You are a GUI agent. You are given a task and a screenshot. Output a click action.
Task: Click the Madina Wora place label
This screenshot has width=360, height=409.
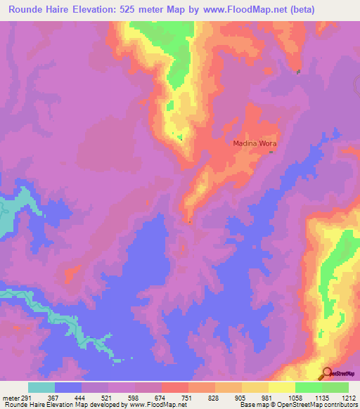coord(255,143)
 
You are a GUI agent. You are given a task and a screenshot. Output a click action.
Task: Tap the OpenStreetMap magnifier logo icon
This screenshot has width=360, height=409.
coord(327,373)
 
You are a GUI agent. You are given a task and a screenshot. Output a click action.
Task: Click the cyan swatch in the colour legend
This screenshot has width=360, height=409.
coord(41,387)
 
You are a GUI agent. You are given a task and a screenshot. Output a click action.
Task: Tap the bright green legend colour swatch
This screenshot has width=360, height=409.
coord(309,387)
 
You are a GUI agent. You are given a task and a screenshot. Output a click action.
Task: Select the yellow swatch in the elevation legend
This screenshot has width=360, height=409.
coord(282,387)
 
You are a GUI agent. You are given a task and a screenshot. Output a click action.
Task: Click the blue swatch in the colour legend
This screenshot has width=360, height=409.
coord(68,387)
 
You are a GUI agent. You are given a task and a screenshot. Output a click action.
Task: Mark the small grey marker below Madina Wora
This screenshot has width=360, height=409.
coord(271,153)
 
